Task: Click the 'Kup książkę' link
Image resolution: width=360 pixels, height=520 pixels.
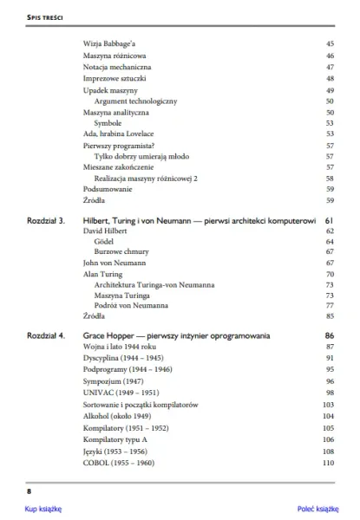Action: [x=43, y=510]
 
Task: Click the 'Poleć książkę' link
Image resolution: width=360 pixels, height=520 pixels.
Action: [x=317, y=510]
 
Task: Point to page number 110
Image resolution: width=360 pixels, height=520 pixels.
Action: [x=328, y=463]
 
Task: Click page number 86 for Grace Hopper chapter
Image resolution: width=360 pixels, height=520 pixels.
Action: [x=329, y=335]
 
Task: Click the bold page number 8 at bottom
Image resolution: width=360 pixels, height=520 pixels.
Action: [x=29, y=491]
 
